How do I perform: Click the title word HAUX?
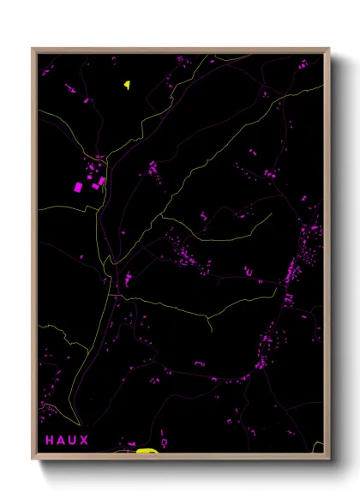coord(67,441)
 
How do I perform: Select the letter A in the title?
coord(61,441)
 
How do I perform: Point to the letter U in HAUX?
coord(72,441)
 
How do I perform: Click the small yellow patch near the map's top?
coord(127,84)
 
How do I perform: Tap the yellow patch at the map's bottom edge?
coord(147,450)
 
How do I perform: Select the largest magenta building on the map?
coord(78,187)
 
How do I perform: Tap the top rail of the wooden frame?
coord(181,51)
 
